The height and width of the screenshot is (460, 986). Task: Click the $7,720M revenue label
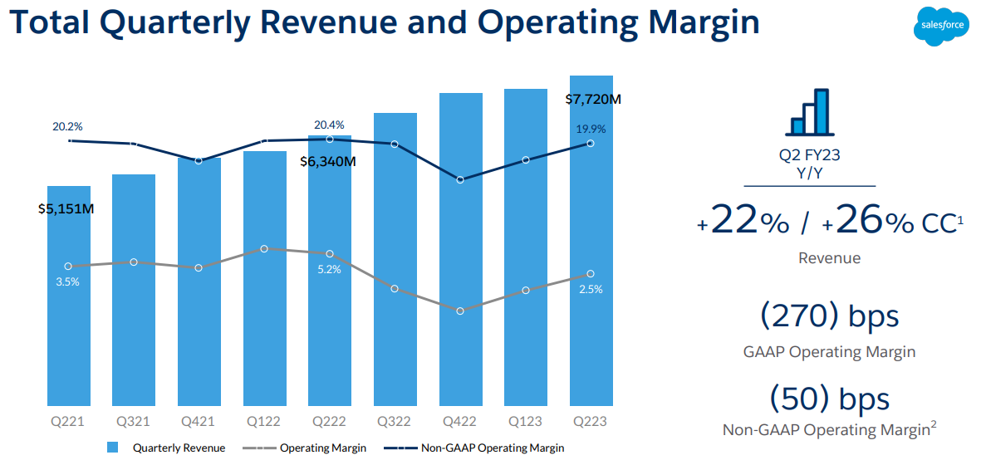593,99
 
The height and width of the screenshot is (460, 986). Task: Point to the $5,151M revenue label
66,208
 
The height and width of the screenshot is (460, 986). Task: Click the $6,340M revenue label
328,161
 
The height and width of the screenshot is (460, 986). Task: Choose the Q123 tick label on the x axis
526,421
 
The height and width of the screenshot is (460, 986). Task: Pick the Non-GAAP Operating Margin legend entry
493,448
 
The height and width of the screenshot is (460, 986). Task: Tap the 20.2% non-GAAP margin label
67,127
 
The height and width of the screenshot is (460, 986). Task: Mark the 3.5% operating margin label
67,281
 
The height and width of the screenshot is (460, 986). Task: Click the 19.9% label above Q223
591,129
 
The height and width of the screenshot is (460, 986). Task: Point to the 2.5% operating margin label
591,289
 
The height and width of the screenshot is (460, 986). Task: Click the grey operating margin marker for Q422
460,311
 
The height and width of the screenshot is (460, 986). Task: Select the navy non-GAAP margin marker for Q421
199,160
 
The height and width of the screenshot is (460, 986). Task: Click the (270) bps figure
829,316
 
